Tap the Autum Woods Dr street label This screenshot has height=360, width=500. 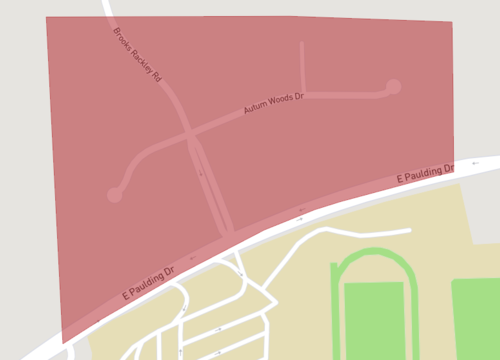(x=273, y=104)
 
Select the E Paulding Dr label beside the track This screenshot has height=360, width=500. (x=425, y=174)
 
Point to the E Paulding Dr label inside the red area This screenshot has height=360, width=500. (x=148, y=284)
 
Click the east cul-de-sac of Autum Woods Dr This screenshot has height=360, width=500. (x=394, y=87)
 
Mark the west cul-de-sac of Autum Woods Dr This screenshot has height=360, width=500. (x=115, y=195)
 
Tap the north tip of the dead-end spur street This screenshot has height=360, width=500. (x=302, y=44)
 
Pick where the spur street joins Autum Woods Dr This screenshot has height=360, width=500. (x=303, y=95)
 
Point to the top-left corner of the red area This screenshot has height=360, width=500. (x=47, y=18)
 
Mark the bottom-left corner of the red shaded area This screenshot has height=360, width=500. (x=62, y=343)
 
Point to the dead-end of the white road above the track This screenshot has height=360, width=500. (x=409, y=230)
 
